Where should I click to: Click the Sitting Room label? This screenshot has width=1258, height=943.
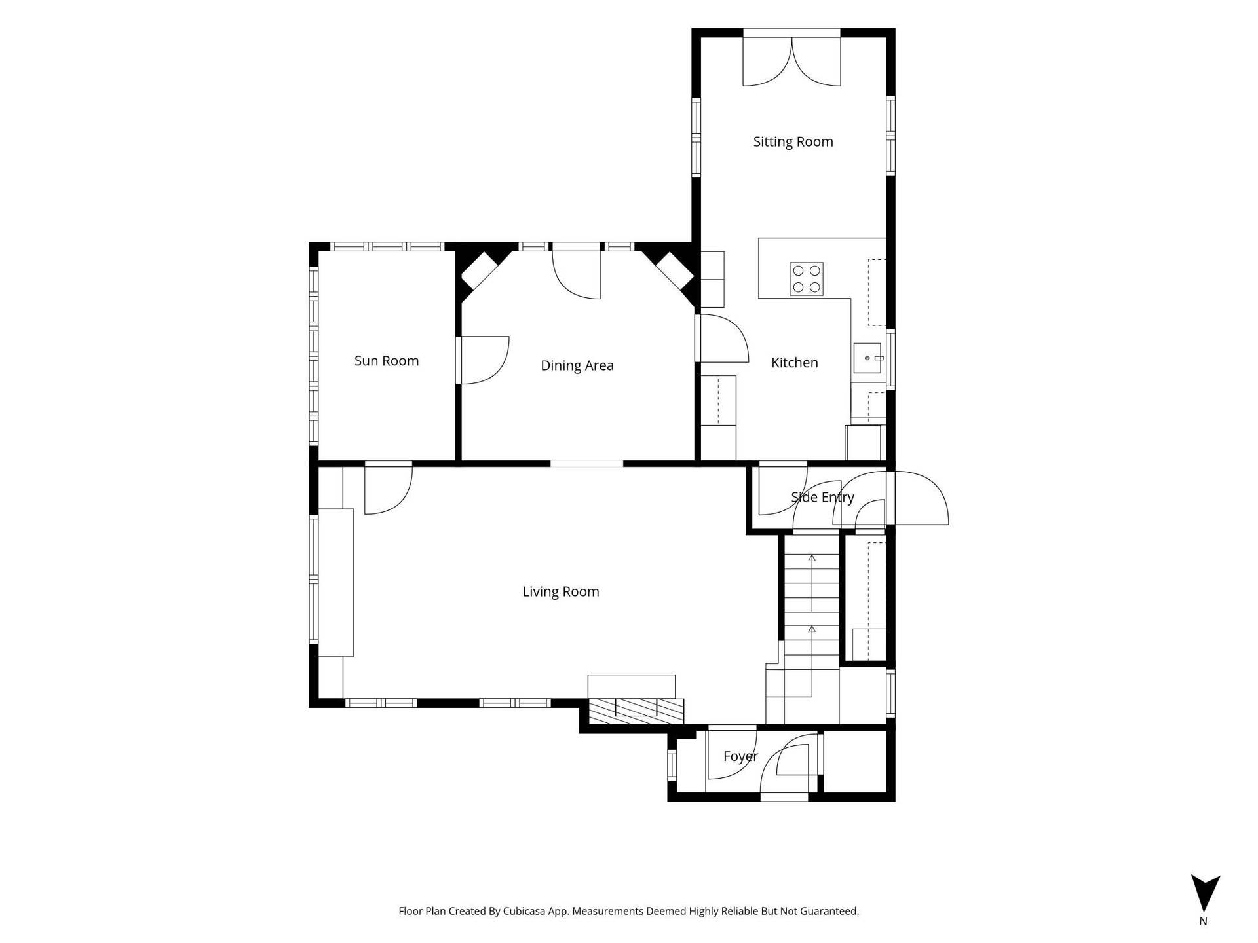(793, 141)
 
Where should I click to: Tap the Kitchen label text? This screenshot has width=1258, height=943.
(794, 362)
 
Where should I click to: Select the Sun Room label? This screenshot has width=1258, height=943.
(387, 360)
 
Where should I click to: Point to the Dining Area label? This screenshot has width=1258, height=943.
(577, 365)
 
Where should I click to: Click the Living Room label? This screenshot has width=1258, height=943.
(561, 591)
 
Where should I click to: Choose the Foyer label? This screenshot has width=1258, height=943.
(740, 756)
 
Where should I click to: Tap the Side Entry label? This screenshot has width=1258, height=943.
(822, 497)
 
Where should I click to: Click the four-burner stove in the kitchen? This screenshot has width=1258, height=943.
(807, 279)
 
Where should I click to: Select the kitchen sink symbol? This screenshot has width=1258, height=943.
(867, 358)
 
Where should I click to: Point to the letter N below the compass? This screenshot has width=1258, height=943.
(1203, 921)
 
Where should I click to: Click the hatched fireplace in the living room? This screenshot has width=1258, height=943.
(636, 711)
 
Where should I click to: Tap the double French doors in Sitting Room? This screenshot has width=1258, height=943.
(791, 60)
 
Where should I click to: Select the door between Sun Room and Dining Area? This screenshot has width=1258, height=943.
(483, 360)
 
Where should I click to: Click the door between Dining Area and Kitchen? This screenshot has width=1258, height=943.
(722, 338)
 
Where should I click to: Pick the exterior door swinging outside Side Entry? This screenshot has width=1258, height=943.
(917, 498)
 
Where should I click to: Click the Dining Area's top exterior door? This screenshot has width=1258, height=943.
(577, 271)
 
